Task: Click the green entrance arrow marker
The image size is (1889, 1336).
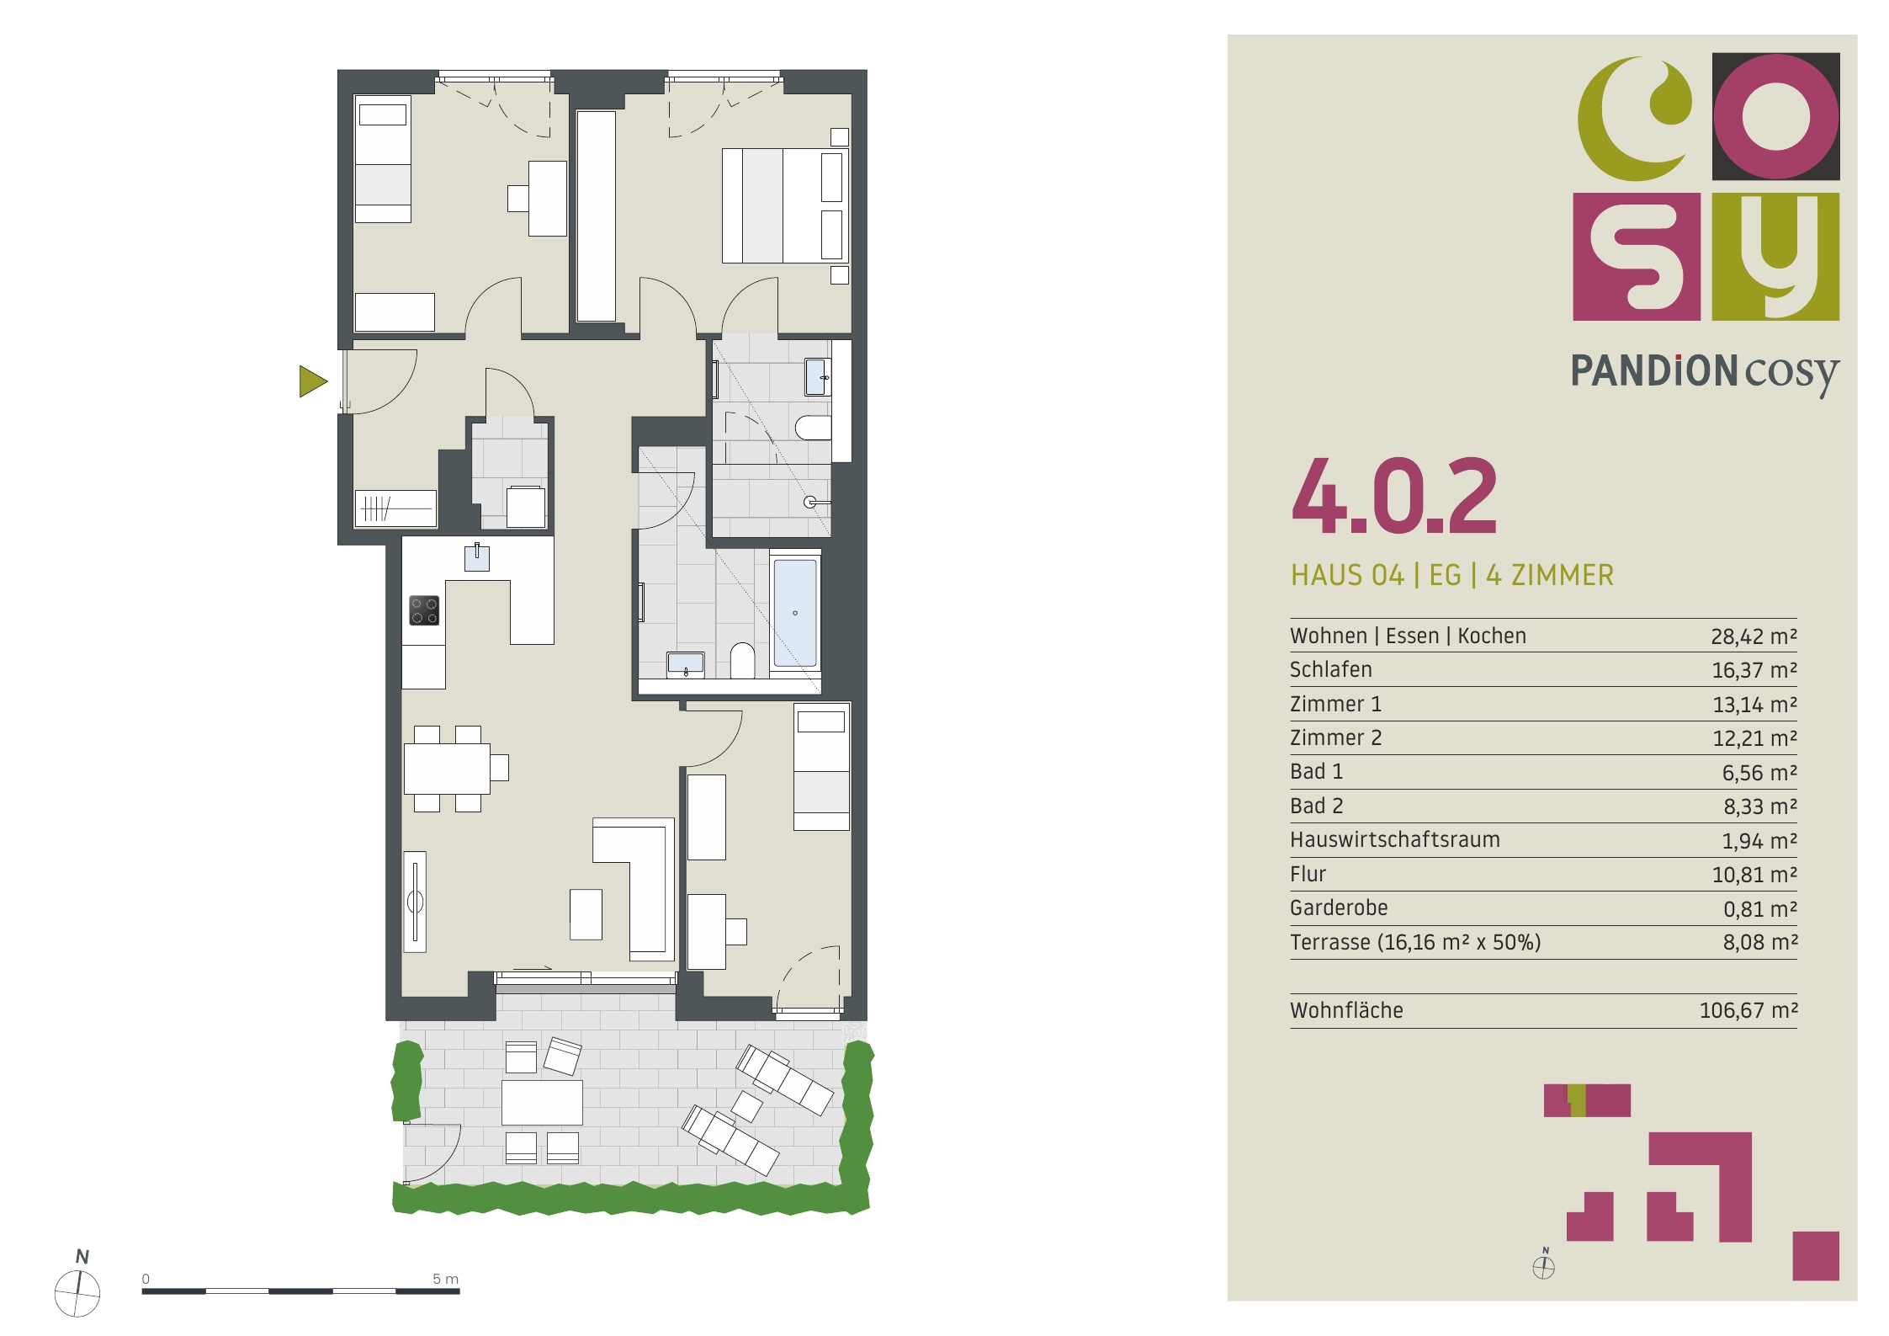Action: click(311, 381)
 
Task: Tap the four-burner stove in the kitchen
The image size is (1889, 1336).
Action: click(424, 610)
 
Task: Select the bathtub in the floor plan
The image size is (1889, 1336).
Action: click(795, 612)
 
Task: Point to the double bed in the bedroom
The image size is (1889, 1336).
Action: click(785, 205)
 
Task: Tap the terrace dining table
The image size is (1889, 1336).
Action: click(542, 1103)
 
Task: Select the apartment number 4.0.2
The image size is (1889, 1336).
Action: click(1394, 496)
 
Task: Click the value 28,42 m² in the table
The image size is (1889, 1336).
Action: click(1754, 636)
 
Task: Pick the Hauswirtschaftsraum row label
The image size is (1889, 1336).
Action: click(1395, 840)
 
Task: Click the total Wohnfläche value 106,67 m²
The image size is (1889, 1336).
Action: click(1748, 1010)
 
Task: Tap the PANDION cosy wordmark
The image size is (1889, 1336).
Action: click(1705, 373)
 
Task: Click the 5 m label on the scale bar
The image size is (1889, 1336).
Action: click(445, 1279)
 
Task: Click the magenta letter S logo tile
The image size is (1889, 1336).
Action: click(1637, 257)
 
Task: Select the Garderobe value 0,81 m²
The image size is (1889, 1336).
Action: click(1760, 908)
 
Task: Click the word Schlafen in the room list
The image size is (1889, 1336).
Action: click(1331, 670)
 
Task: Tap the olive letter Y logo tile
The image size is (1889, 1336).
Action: click(1776, 257)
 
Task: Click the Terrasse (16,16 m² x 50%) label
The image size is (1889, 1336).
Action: click(1415, 942)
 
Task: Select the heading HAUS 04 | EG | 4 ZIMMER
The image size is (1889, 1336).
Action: click(1452, 576)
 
